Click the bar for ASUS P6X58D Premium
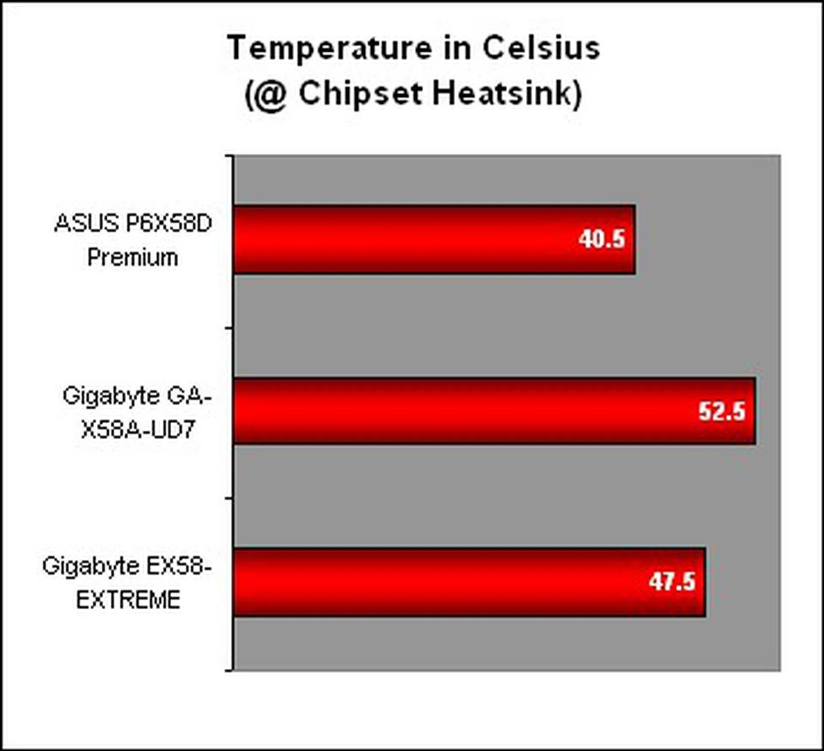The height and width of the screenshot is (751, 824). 434,239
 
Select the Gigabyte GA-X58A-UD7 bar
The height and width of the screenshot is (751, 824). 494,411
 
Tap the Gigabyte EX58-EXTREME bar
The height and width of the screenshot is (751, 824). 470,582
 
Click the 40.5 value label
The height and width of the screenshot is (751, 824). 601,239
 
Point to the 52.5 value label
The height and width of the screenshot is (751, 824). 722,411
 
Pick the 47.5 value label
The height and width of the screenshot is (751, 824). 672,582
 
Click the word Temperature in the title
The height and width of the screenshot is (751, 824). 330,48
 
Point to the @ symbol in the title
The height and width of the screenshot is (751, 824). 272,95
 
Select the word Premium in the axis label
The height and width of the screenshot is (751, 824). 133,257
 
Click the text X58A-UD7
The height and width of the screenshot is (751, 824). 139,429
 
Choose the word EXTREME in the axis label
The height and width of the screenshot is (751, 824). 128,600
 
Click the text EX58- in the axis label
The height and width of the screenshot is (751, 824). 179,566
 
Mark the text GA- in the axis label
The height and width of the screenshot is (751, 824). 189,395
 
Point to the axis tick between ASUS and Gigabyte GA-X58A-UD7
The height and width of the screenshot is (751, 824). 229,328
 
